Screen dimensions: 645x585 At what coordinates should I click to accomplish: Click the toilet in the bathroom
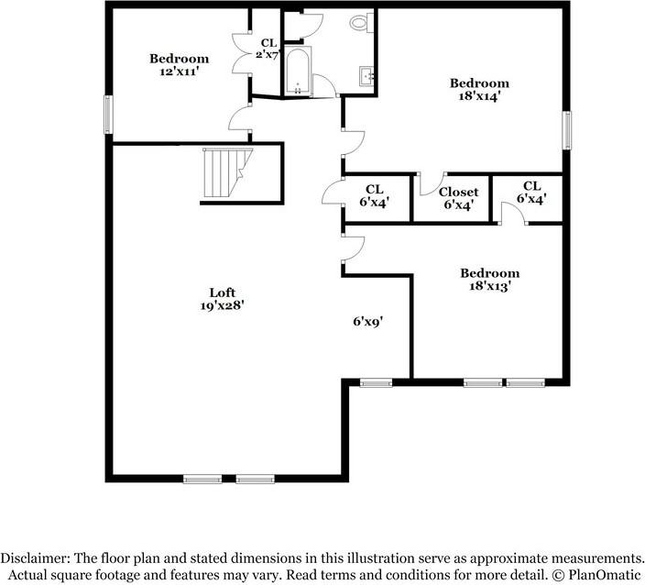[x=362, y=22]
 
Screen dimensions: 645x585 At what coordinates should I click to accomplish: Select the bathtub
[x=298, y=72]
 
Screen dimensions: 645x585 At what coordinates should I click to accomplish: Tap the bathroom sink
[x=366, y=76]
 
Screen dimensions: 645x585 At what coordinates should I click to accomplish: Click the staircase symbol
[x=227, y=173]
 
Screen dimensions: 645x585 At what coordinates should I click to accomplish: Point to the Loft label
[x=222, y=292]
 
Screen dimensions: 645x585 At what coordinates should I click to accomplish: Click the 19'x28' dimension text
[x=222, y=306]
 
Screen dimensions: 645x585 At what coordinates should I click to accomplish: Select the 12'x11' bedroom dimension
[x=180, y=72]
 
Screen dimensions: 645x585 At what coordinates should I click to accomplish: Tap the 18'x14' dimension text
[x=479, y=96]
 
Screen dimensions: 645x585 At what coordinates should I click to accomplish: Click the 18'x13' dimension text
[x=490, y=286]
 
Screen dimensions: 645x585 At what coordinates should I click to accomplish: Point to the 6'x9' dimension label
[x=368, y=322]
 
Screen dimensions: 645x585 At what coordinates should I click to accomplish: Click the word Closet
[x=459, y=192]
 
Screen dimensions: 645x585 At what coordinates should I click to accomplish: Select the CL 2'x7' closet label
[x=268, y=49]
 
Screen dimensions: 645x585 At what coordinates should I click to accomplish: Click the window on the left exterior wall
[x=108, y=115]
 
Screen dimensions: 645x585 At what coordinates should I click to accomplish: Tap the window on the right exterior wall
[x=567, y=130]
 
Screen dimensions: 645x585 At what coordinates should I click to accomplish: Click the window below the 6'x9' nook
[x=377, y=383]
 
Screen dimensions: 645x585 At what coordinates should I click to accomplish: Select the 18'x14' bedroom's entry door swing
[x=354, y=143]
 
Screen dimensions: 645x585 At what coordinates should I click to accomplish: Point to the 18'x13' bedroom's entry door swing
[x=354, y=248]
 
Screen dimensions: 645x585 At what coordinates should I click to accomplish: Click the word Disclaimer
[x=35, y=558]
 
